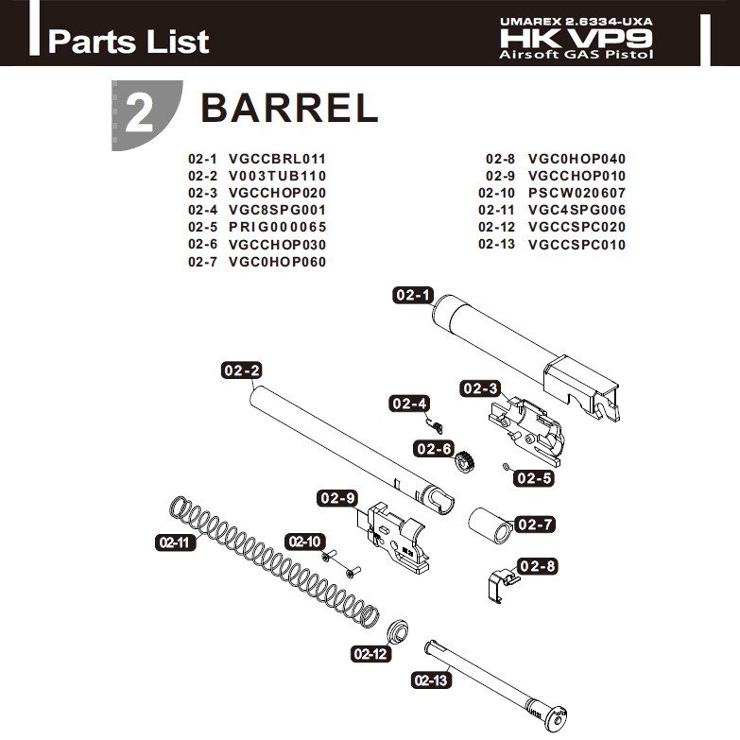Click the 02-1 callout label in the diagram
(x=412, y=296)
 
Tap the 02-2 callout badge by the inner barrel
(x=241, y=370)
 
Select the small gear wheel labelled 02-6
(x=464, y=462)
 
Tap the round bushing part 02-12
(x=399, y=630)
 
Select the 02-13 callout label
(x=432, y=680)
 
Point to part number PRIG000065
(x=277, y=227)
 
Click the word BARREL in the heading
(x=289, y=109)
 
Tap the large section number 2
(x=139, y=114)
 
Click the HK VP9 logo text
(x=577, y=38)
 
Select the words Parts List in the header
(x=129, y=42)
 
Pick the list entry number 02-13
(x=498, y=245)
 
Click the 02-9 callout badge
(x=337, y=498)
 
